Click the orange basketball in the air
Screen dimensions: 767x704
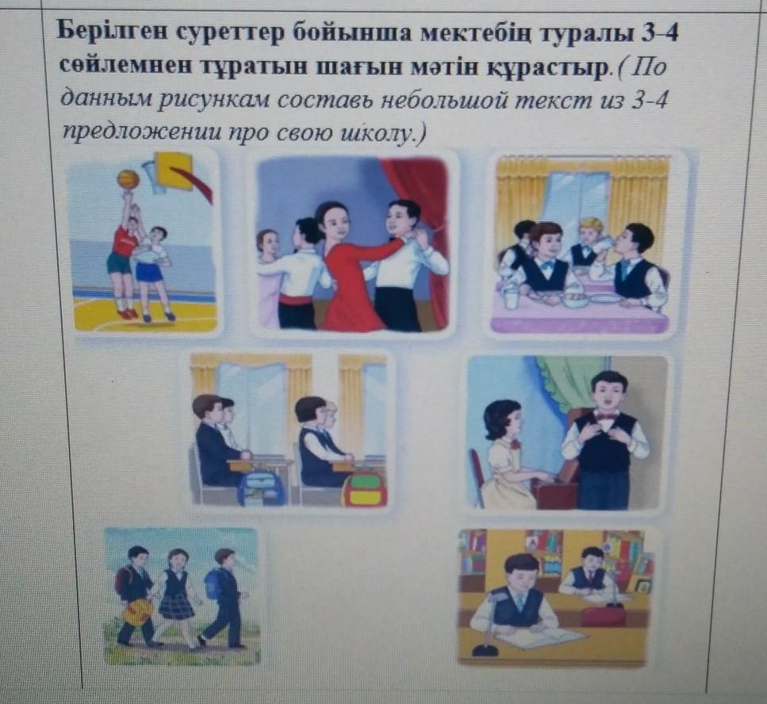click(x=128, y=179)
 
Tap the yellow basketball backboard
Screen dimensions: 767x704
click(x=174, y=169)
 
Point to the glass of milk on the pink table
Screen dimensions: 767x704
click(x=510, y=297)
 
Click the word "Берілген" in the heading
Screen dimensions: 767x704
click(x=113, y=33)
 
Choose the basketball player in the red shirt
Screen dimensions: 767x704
click(x=125, y=254)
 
